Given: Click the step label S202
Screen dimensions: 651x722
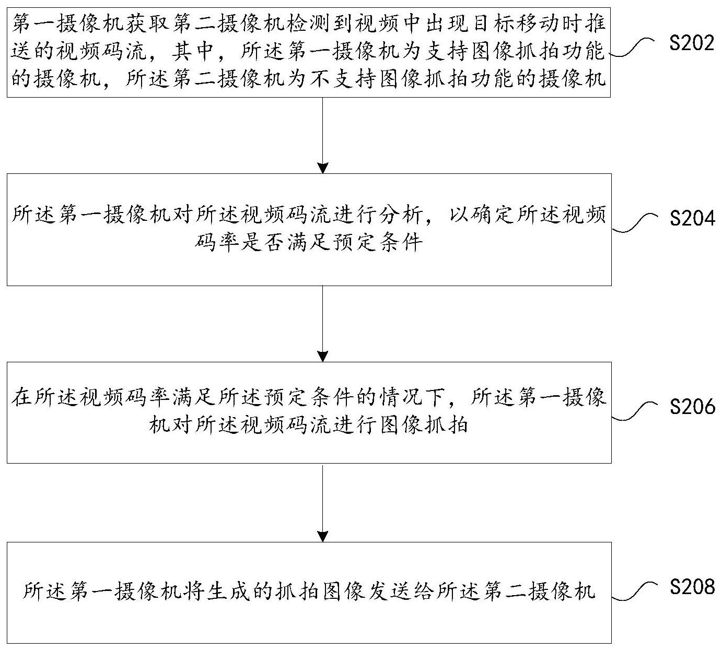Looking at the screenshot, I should pyautogui.click(x=692, y=43).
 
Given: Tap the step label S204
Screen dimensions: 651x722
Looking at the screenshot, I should pyautogui.click(x=692, y=218).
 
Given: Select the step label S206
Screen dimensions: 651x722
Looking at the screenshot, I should pyautogui.click(x=692, y=406).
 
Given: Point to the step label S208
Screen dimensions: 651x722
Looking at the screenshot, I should pyautogui.click(x=692, y=587).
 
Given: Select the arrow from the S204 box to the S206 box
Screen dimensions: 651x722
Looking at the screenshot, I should pyautogui.click(x=323, y=324).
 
